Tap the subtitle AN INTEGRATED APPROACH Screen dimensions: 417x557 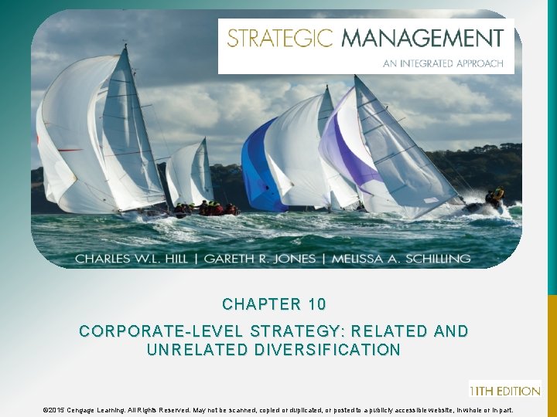tap(443, 63)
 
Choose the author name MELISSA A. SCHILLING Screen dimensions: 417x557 tap(401, 259)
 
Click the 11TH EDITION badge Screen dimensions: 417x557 tap(504, 390)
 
